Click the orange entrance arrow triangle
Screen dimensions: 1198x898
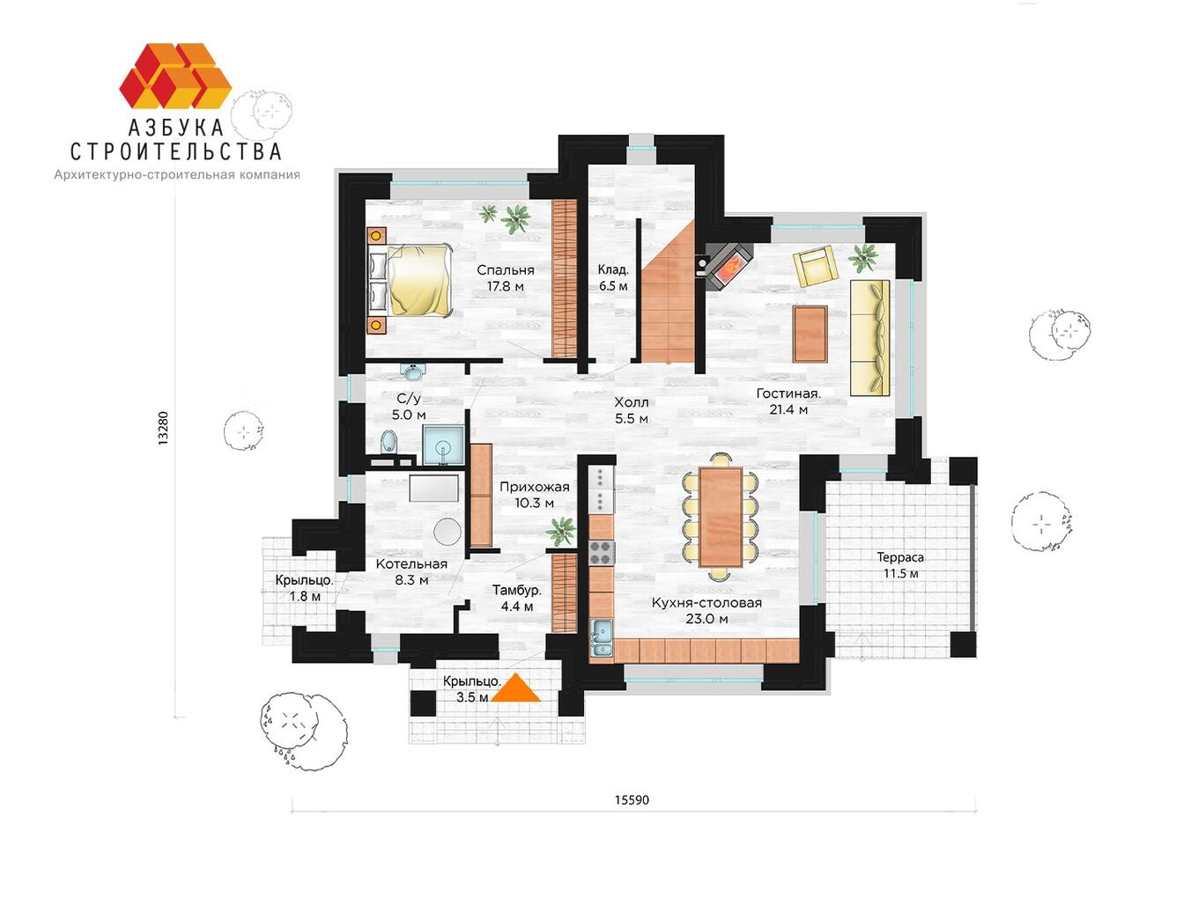click(516, 688)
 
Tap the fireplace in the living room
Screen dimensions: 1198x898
click(729, 267)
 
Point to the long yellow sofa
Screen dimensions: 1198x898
click(870, 337)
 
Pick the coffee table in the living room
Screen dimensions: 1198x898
click(810, 334)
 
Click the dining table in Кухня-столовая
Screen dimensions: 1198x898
click(721, 518)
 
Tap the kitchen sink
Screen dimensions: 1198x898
click(601, 637)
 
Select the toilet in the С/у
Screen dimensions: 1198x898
click(388, 442)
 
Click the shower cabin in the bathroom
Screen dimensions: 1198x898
click(444, 445)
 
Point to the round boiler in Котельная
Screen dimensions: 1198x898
click(447, 531)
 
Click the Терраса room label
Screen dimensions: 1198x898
click(900, 565)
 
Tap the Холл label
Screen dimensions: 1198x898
click(632, 410)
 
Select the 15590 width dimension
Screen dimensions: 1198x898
click(632, 800)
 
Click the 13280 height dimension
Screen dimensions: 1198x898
click(163, 429)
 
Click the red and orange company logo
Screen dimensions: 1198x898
click(175, 76)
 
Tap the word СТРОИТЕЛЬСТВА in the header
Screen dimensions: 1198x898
click(176, 151)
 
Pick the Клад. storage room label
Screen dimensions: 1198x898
click(613, 277)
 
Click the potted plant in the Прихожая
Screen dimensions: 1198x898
click(561, 531)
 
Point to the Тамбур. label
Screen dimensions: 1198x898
click(517, 598)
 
